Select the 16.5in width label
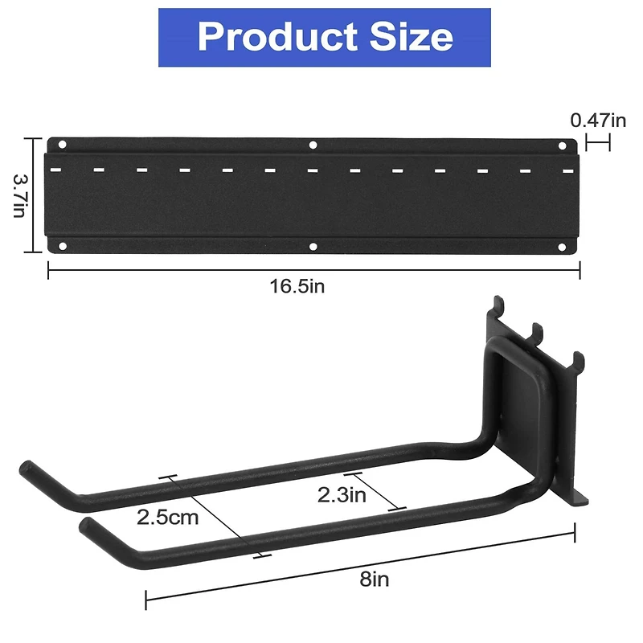(297, 286)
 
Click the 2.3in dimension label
(342, 495)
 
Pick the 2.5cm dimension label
(167, 517)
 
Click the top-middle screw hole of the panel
(313, 145)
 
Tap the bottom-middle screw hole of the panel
(313, 246)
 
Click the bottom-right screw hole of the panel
(562, 246)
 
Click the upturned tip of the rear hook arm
(26, 468)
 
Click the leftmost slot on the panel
(56, 170)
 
